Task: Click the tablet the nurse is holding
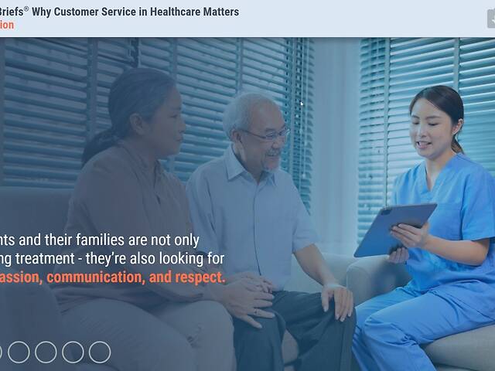point(394,230)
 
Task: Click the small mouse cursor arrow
point(302,103)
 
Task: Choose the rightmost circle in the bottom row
point(100,352)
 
